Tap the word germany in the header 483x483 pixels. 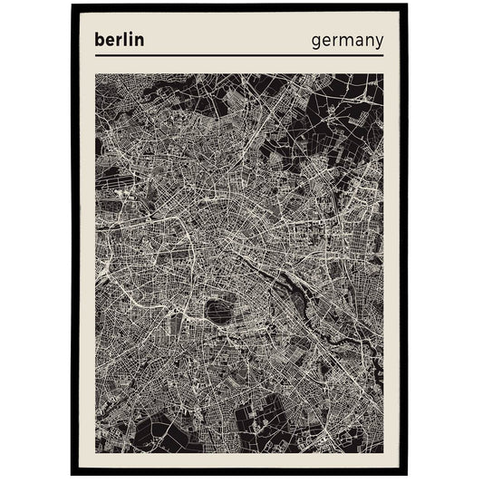(347, 42)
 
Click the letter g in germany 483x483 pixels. (316, 43)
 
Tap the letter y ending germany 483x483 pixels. (379, 44)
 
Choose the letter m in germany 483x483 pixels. (343, 43)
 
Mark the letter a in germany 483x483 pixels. (357, 43)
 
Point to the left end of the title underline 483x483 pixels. (95, 55)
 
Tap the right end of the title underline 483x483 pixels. (384, 55)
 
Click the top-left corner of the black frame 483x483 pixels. (73, 5)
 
